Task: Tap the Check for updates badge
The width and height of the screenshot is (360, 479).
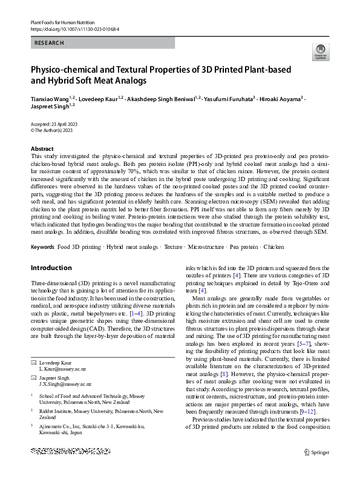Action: tap(320, 53)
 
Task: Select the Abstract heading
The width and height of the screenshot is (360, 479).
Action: tap(42, 148)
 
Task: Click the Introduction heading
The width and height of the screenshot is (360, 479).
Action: tap(51, 268)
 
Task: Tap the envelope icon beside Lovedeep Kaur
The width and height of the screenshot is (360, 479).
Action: tap(33, 345)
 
